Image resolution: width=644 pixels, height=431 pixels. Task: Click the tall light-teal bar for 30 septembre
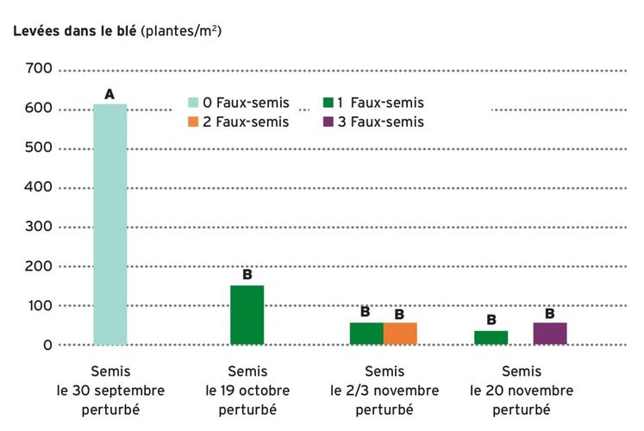click(x=110, y=224)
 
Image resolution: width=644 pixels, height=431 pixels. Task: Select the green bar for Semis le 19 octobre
click(x=247, y=315)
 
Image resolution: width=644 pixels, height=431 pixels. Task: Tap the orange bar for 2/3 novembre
click(x=400, y=334)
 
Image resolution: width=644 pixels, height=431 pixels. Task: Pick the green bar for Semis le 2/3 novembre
click(x=366, y=334)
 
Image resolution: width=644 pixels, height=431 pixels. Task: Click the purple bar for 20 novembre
click(x=550, y=334)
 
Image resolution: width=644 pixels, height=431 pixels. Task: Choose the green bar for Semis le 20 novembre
click(x=491, y=337)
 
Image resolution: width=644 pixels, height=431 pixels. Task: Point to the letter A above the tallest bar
click(x=109, y=93)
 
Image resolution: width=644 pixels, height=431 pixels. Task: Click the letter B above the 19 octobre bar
click(x=247, y=275)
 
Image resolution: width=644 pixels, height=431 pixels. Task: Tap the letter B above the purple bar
click(x=549, y=313)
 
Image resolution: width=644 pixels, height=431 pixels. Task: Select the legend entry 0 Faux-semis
click(x=239, y=103)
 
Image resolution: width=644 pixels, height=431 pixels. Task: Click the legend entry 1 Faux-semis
click(x=373, y=103)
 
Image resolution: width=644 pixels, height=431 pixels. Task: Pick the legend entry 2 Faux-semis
click(x=239, y=122)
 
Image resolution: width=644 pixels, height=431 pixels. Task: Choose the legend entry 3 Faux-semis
click(x=373, y=122)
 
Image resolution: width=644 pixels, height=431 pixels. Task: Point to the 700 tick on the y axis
click(x=40, y=69)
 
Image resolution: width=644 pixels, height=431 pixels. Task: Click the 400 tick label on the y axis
click(x=40, y=187)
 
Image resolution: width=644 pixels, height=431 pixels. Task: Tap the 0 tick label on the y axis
click(x=47, y=345)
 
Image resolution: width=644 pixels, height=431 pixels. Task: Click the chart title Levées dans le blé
click(x=116, y=30)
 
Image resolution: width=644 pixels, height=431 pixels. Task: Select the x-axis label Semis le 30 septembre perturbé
click(x=110, y=390)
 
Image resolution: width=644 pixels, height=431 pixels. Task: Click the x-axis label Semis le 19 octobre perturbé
click(x=247, y=390)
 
